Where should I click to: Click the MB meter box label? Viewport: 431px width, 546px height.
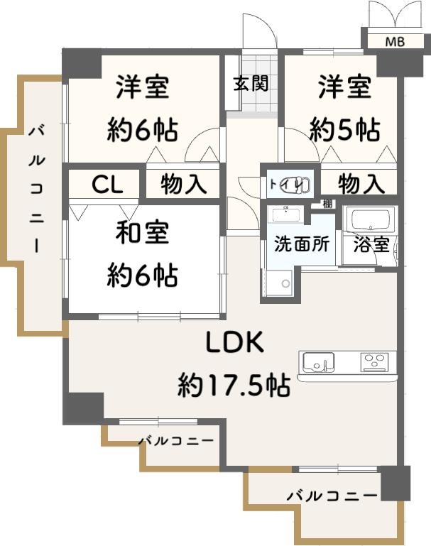tap(395, 42)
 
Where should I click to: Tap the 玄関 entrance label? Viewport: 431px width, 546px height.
tap(251, 84)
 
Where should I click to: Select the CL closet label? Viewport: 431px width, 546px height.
tap(107, 185)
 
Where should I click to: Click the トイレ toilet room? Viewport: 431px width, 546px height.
tap(290, 183)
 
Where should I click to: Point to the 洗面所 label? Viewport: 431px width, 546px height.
tap(302, 244)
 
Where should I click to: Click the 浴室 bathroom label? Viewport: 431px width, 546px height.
tap(371, 245)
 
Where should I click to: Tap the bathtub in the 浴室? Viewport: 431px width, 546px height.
tap(370, 219)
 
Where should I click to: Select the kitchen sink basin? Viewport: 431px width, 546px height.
tap(318, 362)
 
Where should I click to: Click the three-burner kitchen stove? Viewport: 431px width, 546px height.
tap(374, 361)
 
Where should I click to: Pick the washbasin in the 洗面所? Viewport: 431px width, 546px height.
tap(287, 214)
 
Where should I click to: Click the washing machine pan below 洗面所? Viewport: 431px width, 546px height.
tap(279, 283)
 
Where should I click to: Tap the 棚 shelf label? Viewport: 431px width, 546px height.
tap(327, 204)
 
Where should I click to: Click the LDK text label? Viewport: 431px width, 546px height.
tap(234, 342)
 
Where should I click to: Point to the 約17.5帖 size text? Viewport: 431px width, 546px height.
tap(234, 386)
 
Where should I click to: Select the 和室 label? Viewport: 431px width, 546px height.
tap(142, 233)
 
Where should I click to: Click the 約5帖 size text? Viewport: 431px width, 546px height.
tap(344, 129)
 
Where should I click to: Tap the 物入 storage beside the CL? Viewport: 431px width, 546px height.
tap(183, 184)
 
